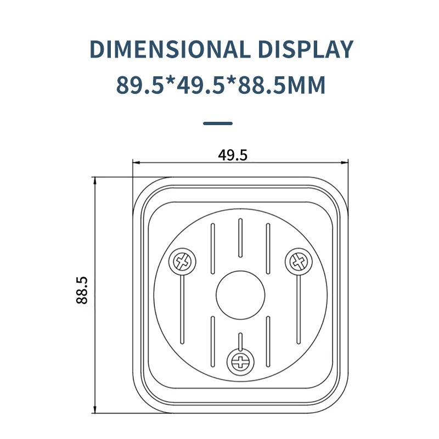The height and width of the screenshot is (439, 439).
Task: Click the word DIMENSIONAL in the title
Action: (x=170, y=49)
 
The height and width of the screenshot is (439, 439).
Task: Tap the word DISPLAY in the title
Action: (x=306, y=49)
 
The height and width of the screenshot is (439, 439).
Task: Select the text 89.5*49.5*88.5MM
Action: (x=221, y=85)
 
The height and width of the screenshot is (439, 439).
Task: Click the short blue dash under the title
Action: (x=218, y=123)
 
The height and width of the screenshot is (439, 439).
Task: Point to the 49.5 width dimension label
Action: (x=233, y=155)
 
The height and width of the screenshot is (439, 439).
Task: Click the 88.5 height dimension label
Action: (x=82, y=290)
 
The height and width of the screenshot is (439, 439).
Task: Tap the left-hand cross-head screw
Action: (x=182, y=262)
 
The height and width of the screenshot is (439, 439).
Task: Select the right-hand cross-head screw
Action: (x=299, y=262)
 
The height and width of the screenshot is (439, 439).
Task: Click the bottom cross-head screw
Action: (x=240, y=362)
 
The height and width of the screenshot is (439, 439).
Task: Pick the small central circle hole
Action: (x=240, y=295)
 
